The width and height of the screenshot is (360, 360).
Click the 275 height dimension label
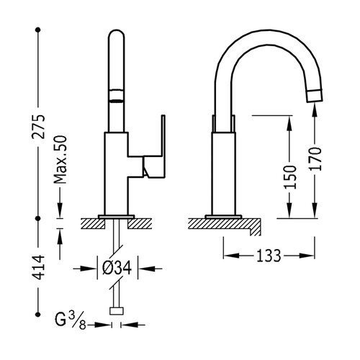pos(38,127)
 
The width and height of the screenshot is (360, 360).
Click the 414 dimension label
pos(38,268)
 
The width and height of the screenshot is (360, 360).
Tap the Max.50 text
pos(60,160)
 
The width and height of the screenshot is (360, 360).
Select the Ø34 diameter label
pos(117,268)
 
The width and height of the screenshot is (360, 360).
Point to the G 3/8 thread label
pos(71,320)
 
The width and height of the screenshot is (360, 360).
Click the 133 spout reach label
pos(269,256)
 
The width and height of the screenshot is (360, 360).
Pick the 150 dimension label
pos(290,177)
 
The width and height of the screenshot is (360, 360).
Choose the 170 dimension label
pos(315,158)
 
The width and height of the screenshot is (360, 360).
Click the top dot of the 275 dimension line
pos(37,30)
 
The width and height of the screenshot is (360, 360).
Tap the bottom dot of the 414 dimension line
pos(37,314)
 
